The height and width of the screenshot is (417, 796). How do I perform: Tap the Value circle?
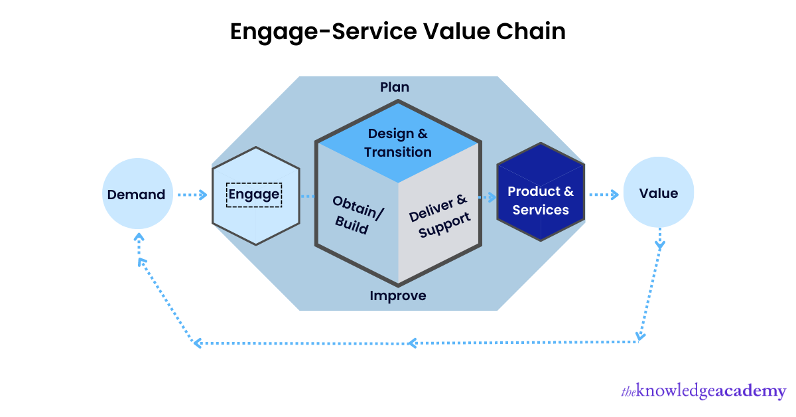[x=659, y=193]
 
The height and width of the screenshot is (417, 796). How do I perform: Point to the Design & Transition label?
[x=398, y=143]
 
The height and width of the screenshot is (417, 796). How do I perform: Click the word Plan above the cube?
[x=395, y=87]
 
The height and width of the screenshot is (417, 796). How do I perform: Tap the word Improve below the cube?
[x=398, y=295]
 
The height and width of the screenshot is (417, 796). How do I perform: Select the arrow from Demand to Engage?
[x=192, y=195]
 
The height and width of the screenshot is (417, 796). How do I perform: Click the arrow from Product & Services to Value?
[x=604, y=195]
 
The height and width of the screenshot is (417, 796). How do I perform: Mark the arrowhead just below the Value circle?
[x=659, y=245]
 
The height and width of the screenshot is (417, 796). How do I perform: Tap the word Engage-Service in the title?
[x=316, y=32]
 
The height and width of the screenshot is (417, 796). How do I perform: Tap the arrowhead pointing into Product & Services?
[x=492, y=197]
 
